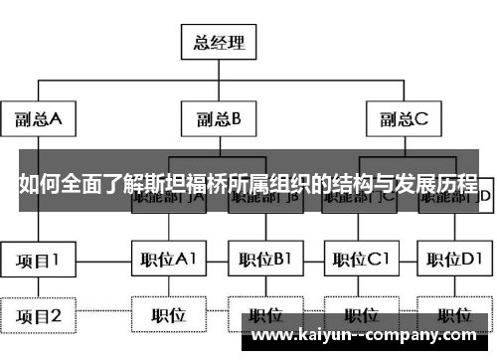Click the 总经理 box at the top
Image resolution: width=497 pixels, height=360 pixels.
[x=218, y=43]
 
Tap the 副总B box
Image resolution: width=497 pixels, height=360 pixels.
[x=218, y=120]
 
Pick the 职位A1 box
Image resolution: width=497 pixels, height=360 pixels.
[x=167, y=261]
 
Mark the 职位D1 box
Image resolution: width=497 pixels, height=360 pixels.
[x=453, y=261]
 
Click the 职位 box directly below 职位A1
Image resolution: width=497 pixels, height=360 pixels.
[x=167, y=316]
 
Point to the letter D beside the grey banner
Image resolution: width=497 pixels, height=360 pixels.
[x=486, y=197]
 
